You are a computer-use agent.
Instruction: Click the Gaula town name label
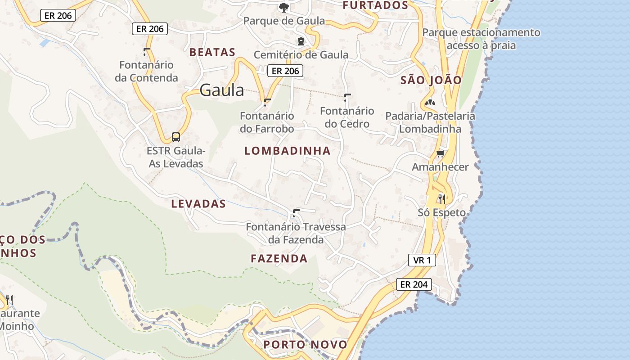(x=221, y=90)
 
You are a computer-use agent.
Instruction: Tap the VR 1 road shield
(x=422, y=260)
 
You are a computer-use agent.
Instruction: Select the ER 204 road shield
(x=414, y=284)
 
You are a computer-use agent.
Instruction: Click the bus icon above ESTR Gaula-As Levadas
(x=176, y=137)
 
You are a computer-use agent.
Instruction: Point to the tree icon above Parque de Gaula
(x=283, y=7)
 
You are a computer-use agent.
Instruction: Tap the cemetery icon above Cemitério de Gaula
(x=301, y=41)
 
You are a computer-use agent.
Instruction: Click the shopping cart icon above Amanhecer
(x=440, y=154)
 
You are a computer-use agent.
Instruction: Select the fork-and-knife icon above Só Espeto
(x=441, y=198)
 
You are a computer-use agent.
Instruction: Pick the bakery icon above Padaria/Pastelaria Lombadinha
(x=430, y=103)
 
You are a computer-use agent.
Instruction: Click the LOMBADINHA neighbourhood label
(x=288, y=151)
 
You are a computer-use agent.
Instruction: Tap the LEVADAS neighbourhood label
(x=198, y=204)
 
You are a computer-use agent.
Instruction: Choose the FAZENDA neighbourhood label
(x=279, y=259)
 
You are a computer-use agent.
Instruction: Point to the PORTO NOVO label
(x=306, y=345)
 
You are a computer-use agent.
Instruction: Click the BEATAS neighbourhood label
(x=212, y=52)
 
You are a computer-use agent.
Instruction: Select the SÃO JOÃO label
(x=431, y=80)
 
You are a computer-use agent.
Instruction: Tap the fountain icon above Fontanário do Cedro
(x=347, y=97)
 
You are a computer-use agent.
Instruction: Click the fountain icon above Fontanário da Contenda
(x=147, y=51)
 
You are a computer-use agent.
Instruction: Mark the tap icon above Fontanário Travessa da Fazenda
(x=296, y=212)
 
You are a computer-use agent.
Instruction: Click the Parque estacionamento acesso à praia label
(x=481, y=39)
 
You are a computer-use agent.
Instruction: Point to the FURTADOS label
(x=375, y=5)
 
